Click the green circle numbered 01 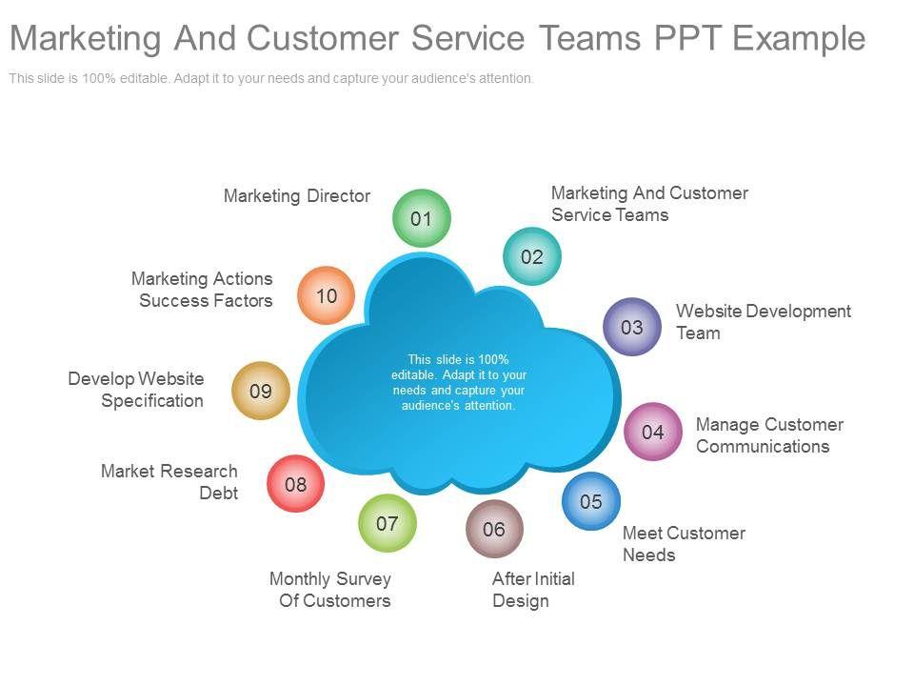(421, 218)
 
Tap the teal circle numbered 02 (531, 256)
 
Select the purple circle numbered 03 (631, 327)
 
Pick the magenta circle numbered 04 (652, 432)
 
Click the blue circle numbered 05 (590, 501)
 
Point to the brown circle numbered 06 (494, 528)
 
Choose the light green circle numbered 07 (387, 523)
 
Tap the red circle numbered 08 (295, 484)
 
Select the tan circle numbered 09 (260, 391)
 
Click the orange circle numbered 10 (326, 295)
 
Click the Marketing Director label (296, 196)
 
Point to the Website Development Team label (763, 322)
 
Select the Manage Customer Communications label (768, 435)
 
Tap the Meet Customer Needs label (683, 544)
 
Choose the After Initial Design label (532, 590)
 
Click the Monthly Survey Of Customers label (330, 590)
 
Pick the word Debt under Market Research (218, 494)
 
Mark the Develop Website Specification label (136, 390)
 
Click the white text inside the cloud (458, 382)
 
